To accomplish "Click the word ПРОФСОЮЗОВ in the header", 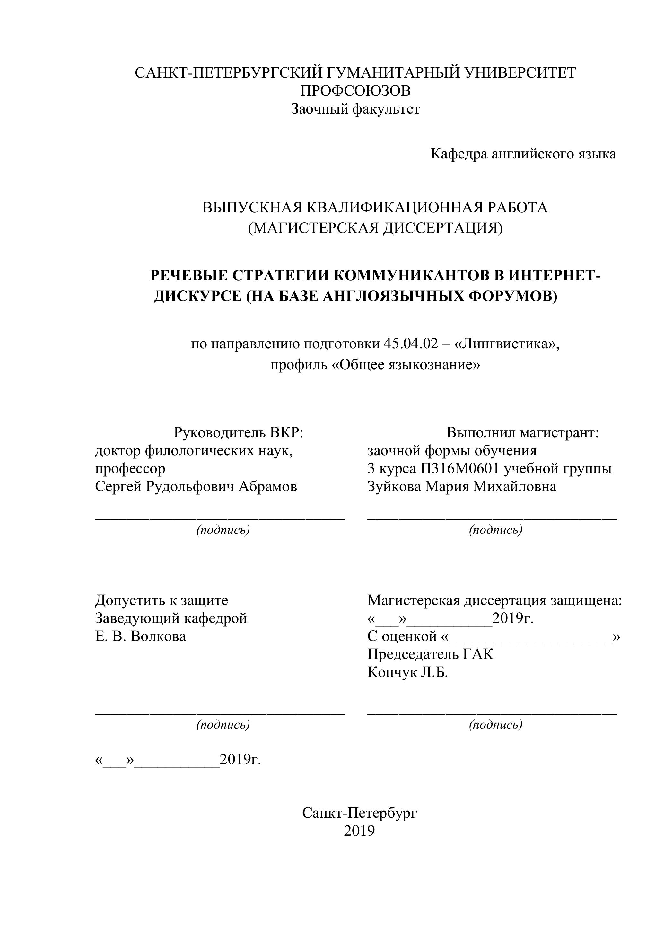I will pyautogui.click(x=355, y=91).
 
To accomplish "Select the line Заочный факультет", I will pyautogui.click(x=355, y=109).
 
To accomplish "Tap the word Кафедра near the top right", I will pyautogui.click(x=459, y=154).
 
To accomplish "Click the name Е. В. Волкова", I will pyautogui.click(x=140, y=636).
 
